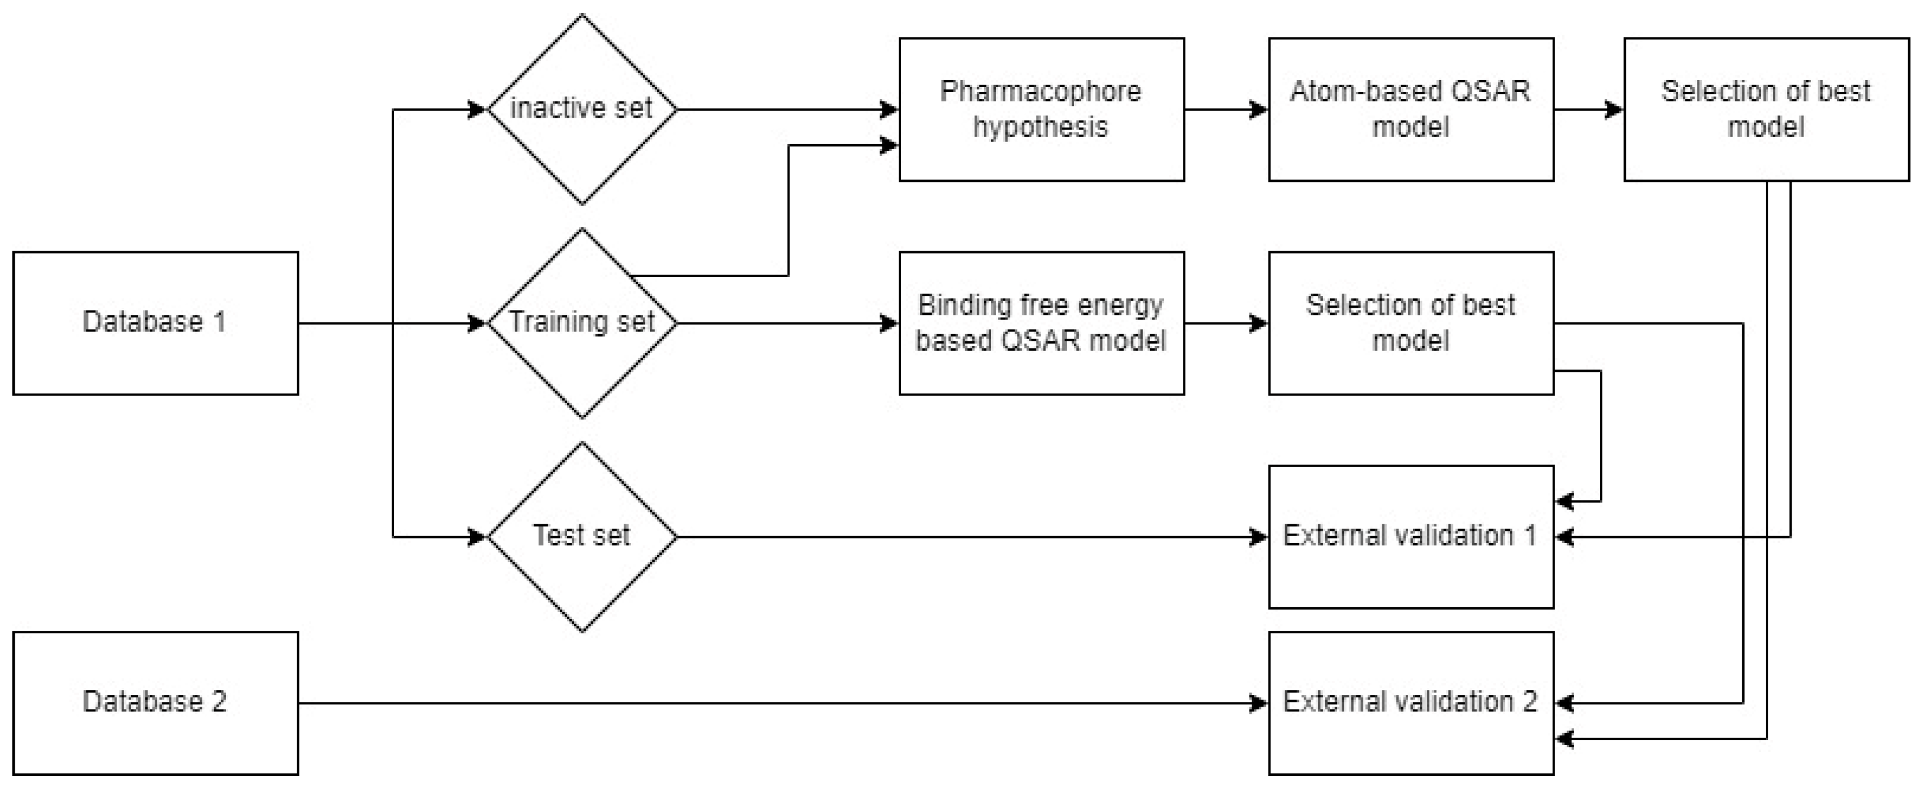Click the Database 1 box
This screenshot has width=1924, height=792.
pos(155,323)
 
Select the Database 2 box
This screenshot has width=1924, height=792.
pos(155,703)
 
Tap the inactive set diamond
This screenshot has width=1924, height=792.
pos(582,109)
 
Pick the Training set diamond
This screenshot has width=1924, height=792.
pos(582,323)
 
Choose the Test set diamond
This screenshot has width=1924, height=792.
pos(582,537)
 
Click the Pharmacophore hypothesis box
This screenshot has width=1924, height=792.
pos(1041,109)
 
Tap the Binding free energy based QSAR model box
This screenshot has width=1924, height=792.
pos(1041,323)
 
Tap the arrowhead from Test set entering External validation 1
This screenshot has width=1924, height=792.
pos(1259,537)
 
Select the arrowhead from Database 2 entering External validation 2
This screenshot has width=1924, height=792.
pos(1259,703)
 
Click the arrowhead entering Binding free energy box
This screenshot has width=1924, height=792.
pos(889,324)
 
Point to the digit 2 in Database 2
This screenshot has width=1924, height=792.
pos(219,701)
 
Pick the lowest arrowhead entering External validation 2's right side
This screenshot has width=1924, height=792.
pos(1565,739)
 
